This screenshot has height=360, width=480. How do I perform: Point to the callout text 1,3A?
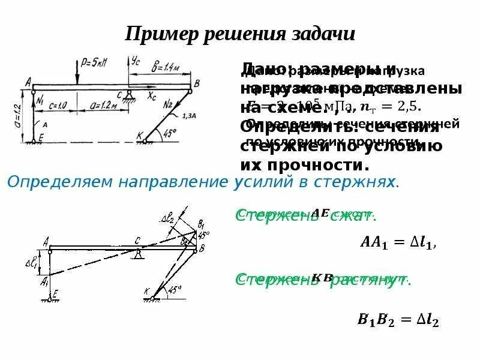(x=187, y=115)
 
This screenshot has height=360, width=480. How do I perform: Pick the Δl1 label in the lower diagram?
(x=31, y=263)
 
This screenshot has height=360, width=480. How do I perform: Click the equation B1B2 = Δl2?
(x=398, y=320)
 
